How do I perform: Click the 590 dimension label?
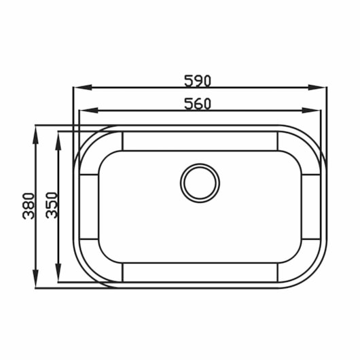pos(198,81)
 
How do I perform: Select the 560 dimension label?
pos(198,104)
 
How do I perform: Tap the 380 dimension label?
pos(29,206)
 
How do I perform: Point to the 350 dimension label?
pos(52,205)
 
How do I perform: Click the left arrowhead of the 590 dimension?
pos(82,88)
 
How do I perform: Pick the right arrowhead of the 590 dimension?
pos(317,88)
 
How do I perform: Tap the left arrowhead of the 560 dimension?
pos(88,111)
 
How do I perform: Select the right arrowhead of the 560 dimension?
pos(311,111)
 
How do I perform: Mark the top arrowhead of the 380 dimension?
pos(35,135)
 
